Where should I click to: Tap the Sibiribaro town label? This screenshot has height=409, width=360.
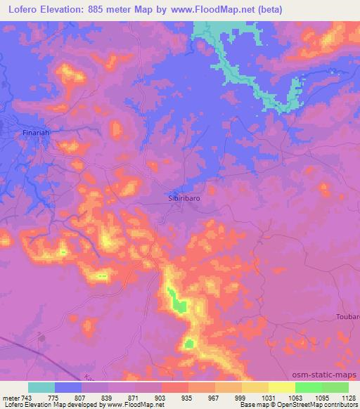188,199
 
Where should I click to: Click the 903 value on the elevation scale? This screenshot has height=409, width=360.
161,398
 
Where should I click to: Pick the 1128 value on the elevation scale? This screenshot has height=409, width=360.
348,398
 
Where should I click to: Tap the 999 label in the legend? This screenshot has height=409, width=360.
241,398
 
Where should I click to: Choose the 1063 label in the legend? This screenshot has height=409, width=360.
295,398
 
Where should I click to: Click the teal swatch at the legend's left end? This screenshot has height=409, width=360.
41,387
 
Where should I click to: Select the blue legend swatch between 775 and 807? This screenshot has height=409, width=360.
68,387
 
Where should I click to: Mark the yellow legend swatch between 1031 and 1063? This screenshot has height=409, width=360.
281,387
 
